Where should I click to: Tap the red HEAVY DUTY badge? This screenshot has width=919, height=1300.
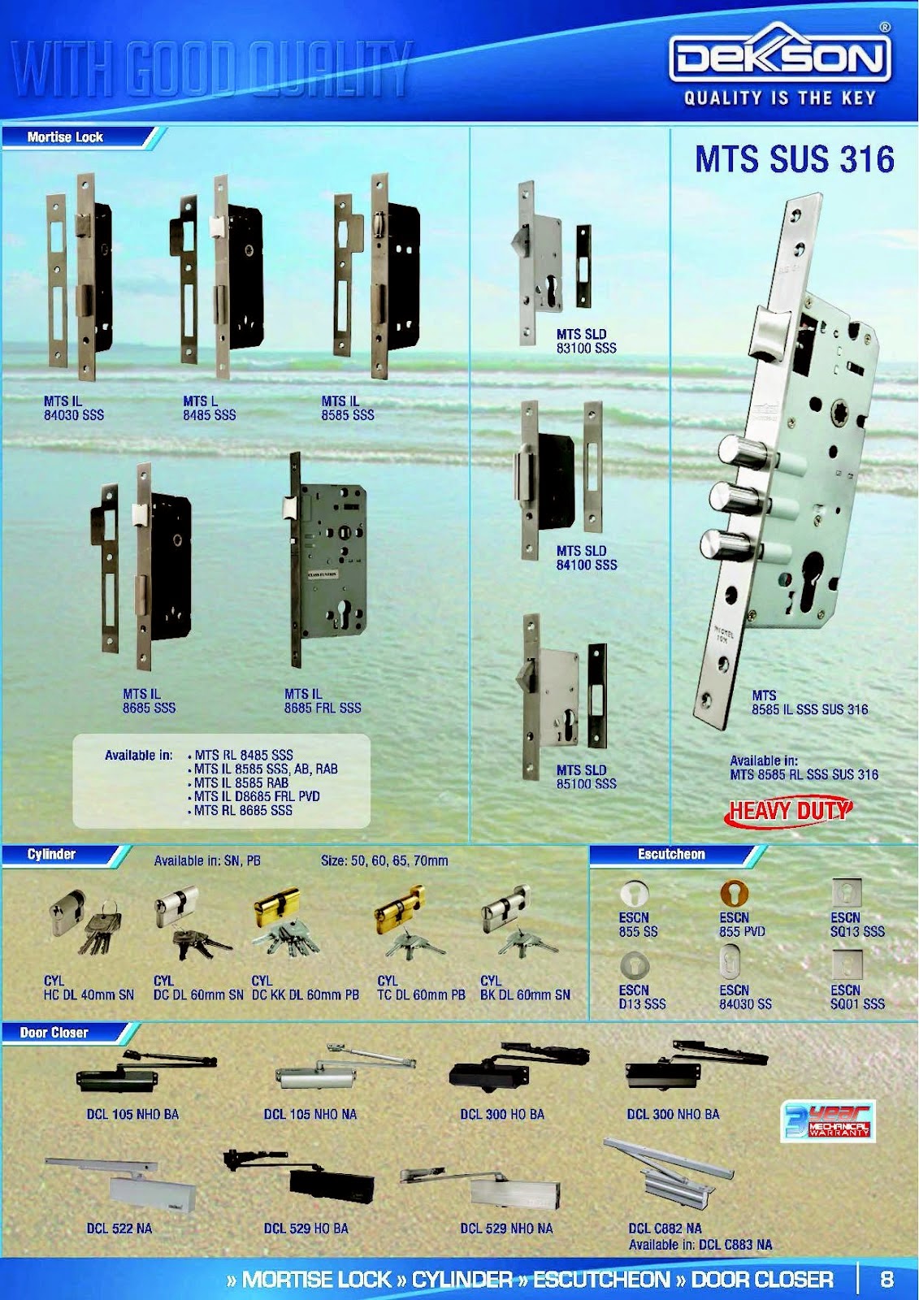click(788, 811)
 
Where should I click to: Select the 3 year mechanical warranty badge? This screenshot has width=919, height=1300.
click(827, 1120)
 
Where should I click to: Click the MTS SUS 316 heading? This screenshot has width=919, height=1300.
click(794, 159)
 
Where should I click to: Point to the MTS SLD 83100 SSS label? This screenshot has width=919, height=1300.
click(586, 340)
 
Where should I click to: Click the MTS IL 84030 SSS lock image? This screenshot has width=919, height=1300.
click(80, 276)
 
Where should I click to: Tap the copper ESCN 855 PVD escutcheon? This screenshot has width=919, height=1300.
click(734, 893)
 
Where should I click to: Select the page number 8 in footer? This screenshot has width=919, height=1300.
click(886, 1279)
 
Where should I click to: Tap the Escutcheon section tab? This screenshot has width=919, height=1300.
click(671, 854)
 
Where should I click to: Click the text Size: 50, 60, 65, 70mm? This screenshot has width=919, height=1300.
click(384, 860)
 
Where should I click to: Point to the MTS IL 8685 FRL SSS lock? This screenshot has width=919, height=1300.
click(325, 561)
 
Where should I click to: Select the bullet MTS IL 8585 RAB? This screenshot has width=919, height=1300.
click(241, 782)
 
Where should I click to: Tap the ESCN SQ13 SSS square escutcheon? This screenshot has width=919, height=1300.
click(847, 892)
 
